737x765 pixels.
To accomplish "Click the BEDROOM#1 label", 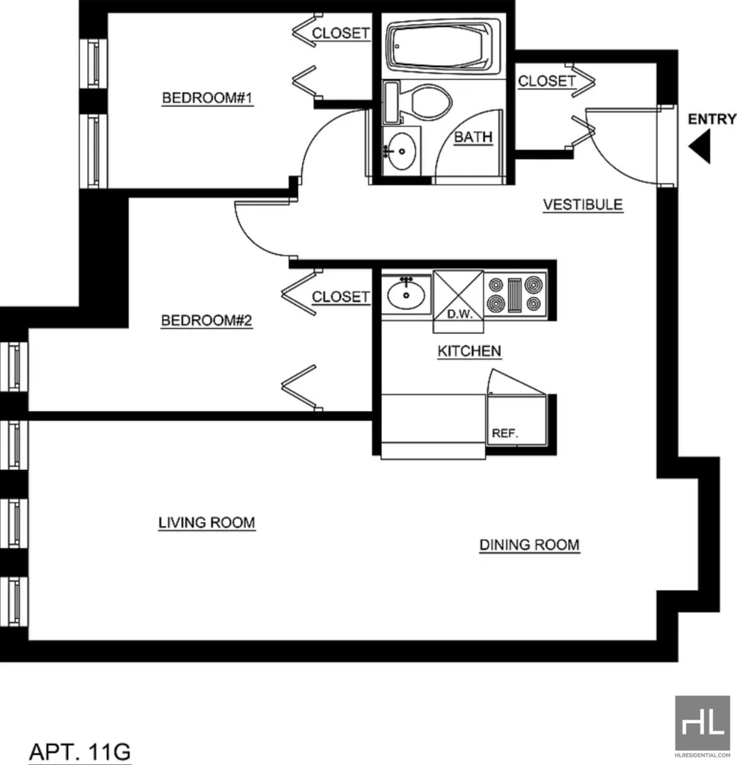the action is click(208, 98).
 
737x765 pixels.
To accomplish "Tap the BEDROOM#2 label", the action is click(207, 320).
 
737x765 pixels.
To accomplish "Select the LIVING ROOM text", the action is click(207, 522).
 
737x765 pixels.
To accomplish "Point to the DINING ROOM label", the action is click(529, 545).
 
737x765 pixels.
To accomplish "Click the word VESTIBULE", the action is click(583, 205).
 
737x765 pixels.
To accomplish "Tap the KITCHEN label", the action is click(469, 351).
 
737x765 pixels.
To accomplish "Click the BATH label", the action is click(473, 137).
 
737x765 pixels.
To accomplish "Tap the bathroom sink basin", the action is click(401, 152).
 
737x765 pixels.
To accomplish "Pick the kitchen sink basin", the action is click(406, 294).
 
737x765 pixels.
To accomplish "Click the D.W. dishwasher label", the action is click(460, 315).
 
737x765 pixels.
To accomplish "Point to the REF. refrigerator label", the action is click(505, 433).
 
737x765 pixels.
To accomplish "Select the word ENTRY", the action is click(712, 119).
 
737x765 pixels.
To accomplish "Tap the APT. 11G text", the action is click(80, 752).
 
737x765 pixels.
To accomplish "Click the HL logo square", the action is click(703, 722).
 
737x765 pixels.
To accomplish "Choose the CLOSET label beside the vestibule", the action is click(546, 81).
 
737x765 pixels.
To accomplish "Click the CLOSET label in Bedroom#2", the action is click(341, 297).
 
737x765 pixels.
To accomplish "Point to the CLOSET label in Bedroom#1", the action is click(341, 33).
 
